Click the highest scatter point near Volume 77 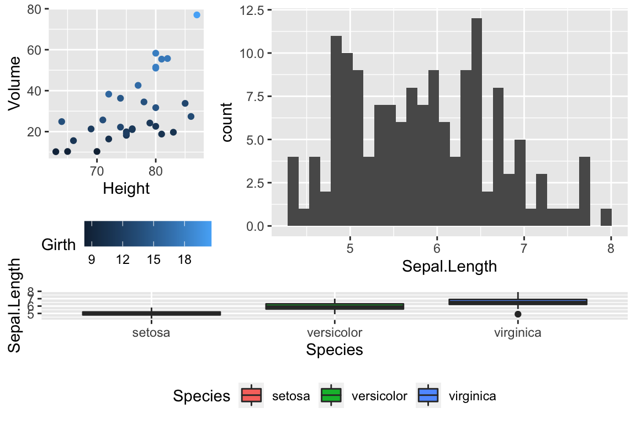(x=197, y=15)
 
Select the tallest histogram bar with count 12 (x=477, y=121)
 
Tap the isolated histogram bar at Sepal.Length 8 (x=606, y=217)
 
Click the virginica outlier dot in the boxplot (x=518, y=314)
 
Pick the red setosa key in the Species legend (x=252, y=396)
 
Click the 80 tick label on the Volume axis (x=35, y=9)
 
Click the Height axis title (x=126, y=189)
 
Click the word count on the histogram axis (x=227, y=118)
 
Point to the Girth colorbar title (x=59, y=245)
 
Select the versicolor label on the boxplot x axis (x=335, y=332)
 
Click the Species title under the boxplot (x=335, y=350)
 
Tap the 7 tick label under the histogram (x=524, y=248)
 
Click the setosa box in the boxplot (x=151, y=314)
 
